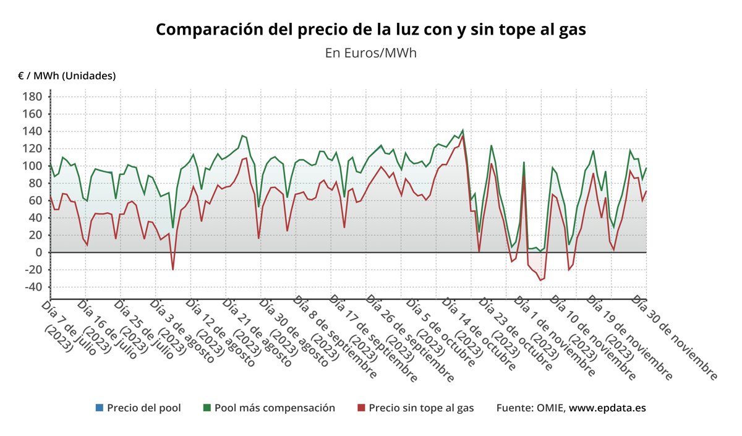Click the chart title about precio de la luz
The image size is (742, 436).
[370, 30]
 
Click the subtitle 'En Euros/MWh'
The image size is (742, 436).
[370, 53]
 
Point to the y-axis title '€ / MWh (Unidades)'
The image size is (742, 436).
[67, 76]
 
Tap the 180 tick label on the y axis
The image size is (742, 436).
[33, 96]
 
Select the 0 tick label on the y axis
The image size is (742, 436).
[38, 252]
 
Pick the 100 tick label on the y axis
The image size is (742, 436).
[33, 166]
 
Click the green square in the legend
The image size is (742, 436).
[207, 408]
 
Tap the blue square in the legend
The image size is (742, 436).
[100, 408]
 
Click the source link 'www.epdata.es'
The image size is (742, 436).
[607, 408]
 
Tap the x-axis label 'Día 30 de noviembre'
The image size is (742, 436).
[674, 338]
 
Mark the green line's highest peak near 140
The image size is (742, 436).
[463, 130]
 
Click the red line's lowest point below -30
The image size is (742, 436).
[540, 280]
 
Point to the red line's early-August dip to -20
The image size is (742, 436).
[173, 270]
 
